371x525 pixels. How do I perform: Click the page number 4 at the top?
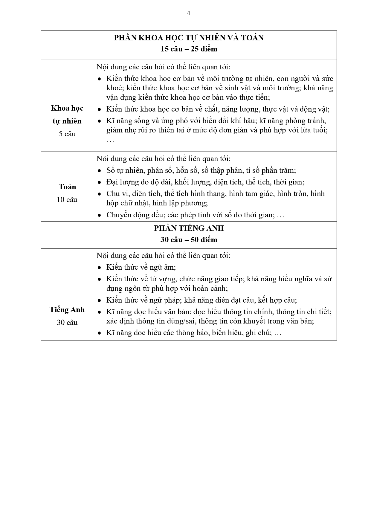pos(188,13)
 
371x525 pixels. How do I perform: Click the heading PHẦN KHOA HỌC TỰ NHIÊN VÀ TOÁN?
pos(189,38)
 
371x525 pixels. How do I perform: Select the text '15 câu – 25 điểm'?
pos(189,49)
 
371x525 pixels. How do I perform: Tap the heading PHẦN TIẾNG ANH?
pos(189,228)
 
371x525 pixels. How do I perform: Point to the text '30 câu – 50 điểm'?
pos(189,240)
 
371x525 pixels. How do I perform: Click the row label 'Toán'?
pos(67,187)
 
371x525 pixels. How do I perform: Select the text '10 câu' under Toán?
pos(67,200)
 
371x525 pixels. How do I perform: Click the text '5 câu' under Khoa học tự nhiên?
pos(67,134)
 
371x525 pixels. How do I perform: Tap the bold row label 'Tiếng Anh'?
pos(67,310)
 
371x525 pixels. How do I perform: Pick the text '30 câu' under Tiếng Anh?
pos(67,323)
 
